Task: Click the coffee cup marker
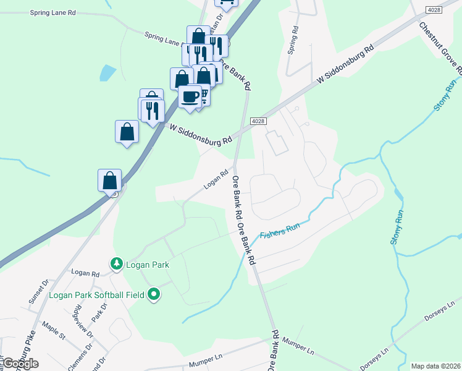pos(190,96)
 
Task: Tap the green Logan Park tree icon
pos(115,264)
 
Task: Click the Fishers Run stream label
pos(279,231)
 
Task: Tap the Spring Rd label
pos(293,40)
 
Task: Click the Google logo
pos(20,364)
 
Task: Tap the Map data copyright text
pos(435,366)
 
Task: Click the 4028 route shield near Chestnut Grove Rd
pos(434,9)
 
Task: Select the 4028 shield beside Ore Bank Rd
pos(258,121)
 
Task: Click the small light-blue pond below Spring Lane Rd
pos(107,74)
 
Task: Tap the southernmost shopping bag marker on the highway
pos(109,180)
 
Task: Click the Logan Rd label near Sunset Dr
pos(85,273)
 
